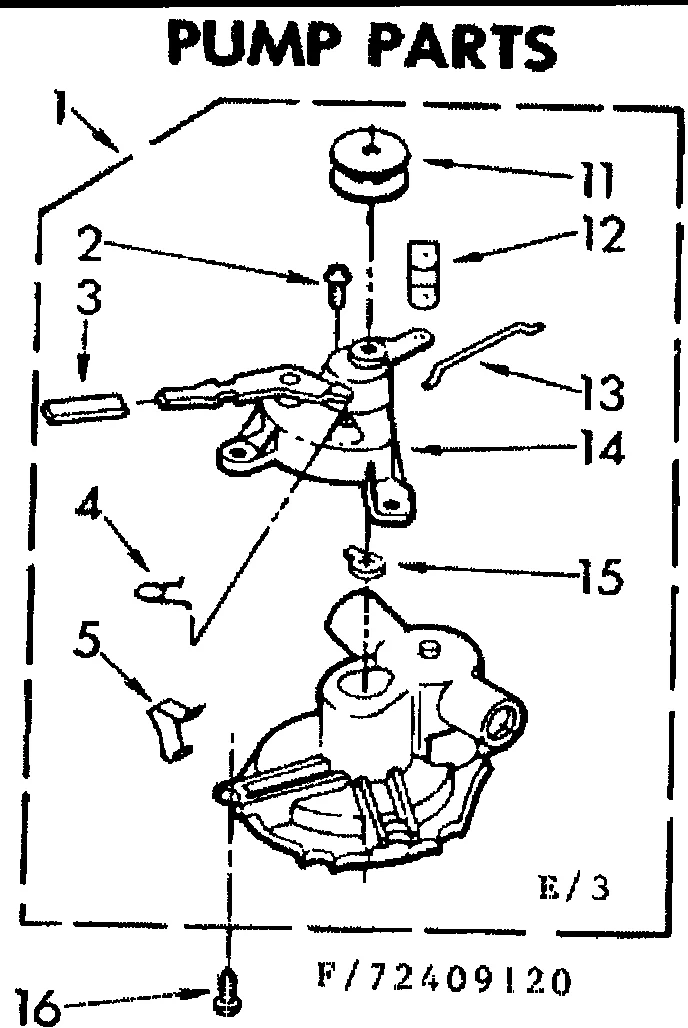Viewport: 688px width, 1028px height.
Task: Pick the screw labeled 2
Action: click(337, 279)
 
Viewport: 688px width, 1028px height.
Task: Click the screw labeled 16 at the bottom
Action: click(228, 990)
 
